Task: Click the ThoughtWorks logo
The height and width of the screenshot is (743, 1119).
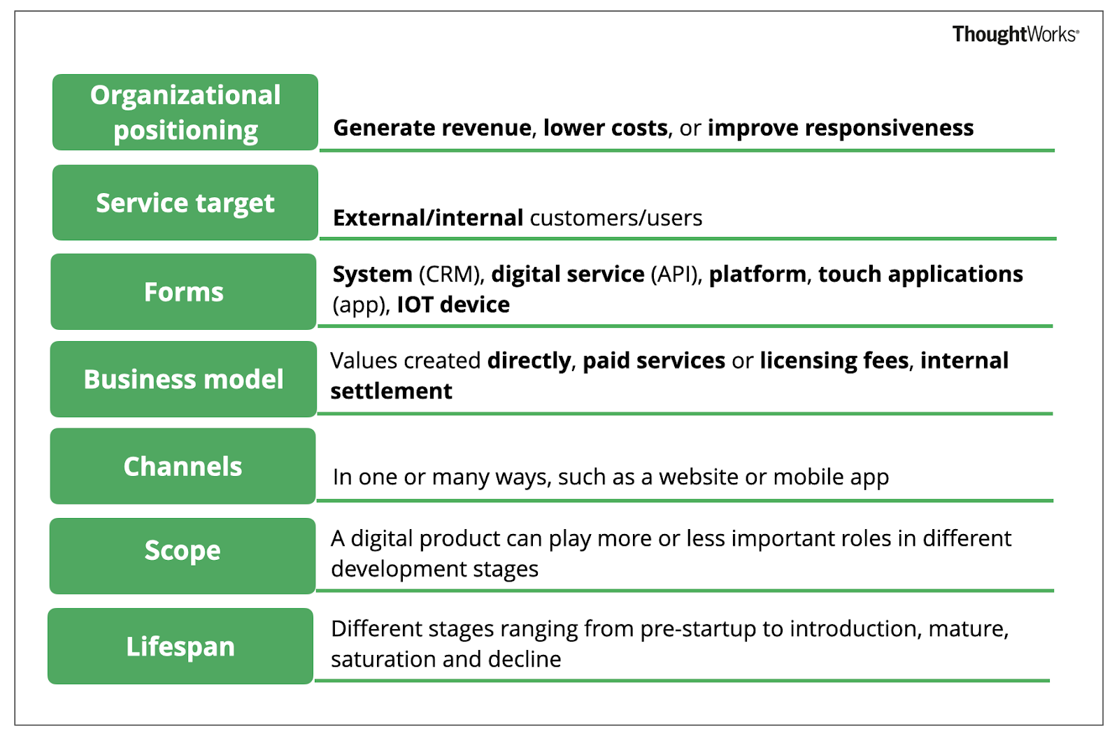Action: [x=1015, y=34]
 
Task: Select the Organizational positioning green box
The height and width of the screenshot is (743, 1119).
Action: [x=185, y=113]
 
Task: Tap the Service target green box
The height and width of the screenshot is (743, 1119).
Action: [x=185, y=203]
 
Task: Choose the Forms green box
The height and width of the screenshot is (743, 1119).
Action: [x=183, y=291]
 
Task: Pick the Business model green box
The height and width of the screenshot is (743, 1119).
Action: [x=183, y=379]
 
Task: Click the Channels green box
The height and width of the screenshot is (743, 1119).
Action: [x=183, y=466]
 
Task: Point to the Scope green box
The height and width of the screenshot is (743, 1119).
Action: [x=183, y=556]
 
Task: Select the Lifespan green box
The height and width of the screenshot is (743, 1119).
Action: [x=180, y=646]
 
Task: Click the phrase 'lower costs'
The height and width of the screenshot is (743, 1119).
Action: [x=606, y=128]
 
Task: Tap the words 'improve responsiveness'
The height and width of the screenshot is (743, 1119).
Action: [x=841, y=129]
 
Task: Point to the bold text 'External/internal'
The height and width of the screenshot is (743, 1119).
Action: [x=428, y=218]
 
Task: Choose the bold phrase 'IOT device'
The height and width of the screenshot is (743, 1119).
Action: [x=453, y=305]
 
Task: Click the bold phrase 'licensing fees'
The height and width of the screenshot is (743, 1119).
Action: [x=834, y=361]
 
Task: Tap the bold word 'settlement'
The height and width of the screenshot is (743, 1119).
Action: [x=391, y=391]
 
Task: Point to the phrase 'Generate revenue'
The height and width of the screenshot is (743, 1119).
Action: [x=432, y=128]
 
